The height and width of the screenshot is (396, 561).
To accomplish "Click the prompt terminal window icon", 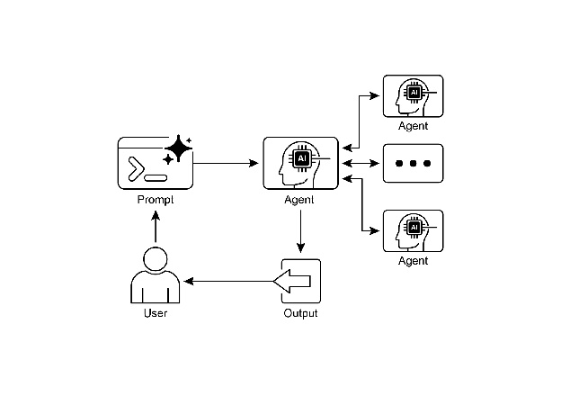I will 154,164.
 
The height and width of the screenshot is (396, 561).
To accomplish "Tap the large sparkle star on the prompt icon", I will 178,148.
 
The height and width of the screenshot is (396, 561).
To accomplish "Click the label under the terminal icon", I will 155,200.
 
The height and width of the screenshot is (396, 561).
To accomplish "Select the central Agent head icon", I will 300,163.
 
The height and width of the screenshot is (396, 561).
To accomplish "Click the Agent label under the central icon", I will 299,200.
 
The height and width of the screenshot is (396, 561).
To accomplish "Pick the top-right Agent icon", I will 413,95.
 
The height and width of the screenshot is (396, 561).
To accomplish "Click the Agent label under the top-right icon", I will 413,127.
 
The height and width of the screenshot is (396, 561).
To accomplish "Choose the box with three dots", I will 413,164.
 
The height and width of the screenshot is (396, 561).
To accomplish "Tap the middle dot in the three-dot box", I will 413,164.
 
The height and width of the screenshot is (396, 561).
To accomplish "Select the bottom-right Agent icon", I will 413,230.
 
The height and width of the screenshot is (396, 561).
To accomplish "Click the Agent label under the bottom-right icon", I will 413,261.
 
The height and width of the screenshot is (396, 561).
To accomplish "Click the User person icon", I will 156,276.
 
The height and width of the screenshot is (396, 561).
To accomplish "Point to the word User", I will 156,313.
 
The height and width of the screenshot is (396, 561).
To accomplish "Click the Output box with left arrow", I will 299,282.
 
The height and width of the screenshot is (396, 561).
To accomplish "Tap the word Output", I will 300,313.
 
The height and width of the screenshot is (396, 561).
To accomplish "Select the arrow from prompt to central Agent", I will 225,163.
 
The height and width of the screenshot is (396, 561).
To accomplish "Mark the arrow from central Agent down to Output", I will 300,233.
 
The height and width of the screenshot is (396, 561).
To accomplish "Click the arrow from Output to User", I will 229,282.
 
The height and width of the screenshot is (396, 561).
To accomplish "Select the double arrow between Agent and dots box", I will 360,163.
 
